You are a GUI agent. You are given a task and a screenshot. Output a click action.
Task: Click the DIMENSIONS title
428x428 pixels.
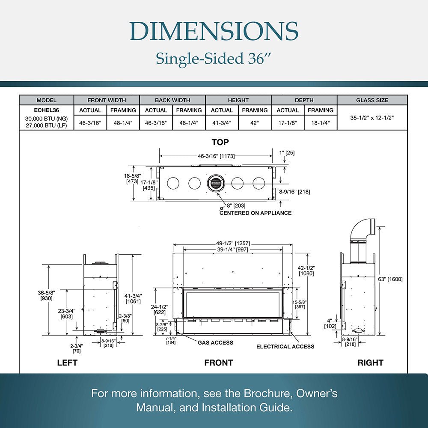214,31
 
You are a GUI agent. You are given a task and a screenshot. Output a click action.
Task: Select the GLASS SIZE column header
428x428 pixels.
372,100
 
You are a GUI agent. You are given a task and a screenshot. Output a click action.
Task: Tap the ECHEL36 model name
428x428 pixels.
46,110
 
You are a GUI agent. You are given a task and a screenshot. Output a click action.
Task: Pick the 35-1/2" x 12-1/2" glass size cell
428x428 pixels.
372,118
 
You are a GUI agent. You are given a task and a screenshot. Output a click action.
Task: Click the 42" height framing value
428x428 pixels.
254,123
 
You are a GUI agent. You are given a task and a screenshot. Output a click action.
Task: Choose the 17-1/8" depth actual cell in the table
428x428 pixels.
288,123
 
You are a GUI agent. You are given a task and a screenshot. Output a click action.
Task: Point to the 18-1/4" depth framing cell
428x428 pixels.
321,123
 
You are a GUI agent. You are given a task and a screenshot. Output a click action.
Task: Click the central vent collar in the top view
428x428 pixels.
216,183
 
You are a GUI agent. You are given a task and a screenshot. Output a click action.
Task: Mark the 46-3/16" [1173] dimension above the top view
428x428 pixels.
216,156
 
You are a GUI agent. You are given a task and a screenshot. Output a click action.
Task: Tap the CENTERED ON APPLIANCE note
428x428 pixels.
256,213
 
